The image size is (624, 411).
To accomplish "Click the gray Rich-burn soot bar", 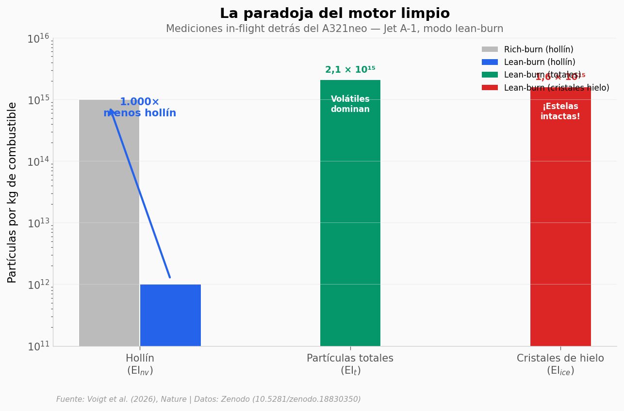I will point(109,223).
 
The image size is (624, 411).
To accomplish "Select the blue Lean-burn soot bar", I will point(170,315).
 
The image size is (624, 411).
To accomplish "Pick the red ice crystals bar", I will point(560,218).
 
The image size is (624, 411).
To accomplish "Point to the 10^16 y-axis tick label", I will point(38,39).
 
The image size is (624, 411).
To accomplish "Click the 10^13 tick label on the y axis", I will point(38,223).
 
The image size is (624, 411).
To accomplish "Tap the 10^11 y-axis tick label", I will point(38,347).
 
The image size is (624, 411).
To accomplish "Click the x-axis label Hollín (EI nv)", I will point(140,364).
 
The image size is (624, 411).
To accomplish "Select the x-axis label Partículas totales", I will point(350,364).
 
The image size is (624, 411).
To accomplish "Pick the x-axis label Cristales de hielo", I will point(560,364).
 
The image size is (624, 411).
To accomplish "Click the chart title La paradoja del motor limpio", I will point(334,14).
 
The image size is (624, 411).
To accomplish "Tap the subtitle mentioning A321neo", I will point(334,29).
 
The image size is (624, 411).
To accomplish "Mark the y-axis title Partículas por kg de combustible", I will point(13,192).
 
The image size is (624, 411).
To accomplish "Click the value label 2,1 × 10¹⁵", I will point(350,70).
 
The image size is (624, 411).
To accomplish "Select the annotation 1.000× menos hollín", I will point(140,108).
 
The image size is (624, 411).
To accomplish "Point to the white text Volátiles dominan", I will point(350,104).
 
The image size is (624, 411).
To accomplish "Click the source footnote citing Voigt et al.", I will point(209,399).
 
